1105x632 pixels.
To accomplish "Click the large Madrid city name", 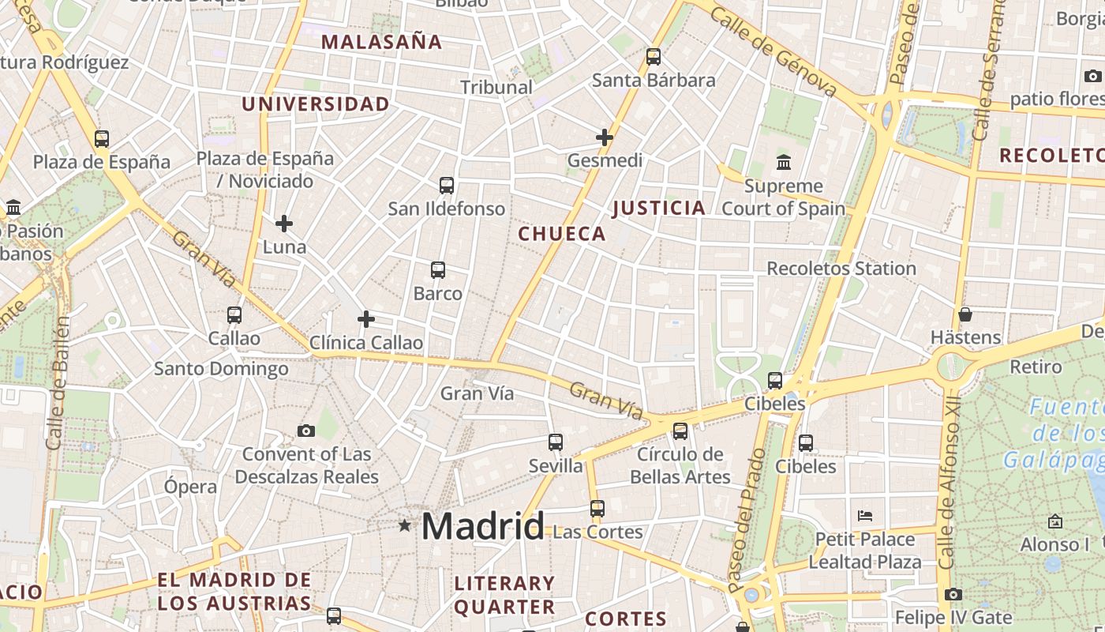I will click(482, 526).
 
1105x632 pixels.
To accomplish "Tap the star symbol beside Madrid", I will click(405, 525).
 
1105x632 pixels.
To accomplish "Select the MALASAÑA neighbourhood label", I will click(382, 42).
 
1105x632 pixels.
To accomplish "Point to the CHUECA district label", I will click(562, 234).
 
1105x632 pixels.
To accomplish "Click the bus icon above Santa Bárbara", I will click(653, 57).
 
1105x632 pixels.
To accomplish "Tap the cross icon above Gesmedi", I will click(605, 137).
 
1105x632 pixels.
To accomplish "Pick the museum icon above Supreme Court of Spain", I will click(784, 163).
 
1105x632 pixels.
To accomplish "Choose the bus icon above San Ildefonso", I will click(447, 186).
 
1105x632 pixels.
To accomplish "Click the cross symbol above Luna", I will click(284, 224).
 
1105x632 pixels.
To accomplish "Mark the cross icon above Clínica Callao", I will click(365, 319).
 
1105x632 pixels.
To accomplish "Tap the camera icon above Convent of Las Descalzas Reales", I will click(306, 431).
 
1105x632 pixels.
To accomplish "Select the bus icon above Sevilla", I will click(556, 442).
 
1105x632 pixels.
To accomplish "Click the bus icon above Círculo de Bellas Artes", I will click(680, 431).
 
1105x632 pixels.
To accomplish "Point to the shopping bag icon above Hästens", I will click(965, 314).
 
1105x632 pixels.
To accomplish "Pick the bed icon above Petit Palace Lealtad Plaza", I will click(865, 516).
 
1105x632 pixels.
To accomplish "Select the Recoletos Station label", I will click(841, 269).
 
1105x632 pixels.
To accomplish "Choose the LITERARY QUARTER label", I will click(504, 595).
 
